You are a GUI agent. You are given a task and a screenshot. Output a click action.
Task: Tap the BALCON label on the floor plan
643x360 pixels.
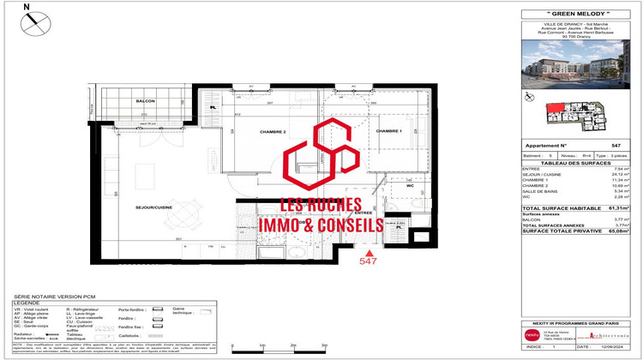pos(145,101)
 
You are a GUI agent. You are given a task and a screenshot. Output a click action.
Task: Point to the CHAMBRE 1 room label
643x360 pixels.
pos(388,131)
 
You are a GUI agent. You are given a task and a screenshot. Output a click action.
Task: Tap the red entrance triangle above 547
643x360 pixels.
pos(369,255)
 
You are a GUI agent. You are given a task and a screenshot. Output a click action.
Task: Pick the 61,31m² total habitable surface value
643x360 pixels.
pos(617,207)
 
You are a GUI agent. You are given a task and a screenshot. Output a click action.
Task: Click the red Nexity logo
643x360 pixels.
pos(533,334)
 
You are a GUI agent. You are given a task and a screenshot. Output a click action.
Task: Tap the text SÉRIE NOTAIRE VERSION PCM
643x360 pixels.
pos(51,296)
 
